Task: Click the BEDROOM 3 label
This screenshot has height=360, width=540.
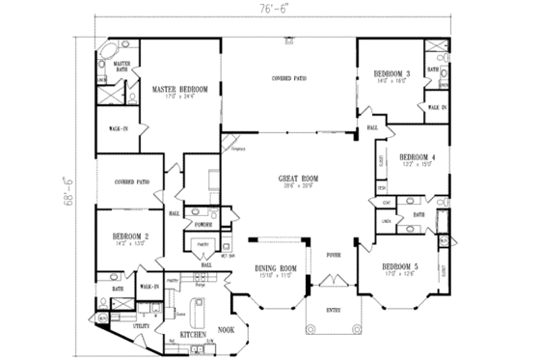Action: point(395,74)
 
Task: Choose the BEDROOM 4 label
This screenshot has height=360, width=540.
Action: point(418,156)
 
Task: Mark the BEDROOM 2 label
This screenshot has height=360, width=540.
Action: point(127,236)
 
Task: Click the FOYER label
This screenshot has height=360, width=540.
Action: point(333,257)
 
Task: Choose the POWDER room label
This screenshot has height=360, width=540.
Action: point(204,224)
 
